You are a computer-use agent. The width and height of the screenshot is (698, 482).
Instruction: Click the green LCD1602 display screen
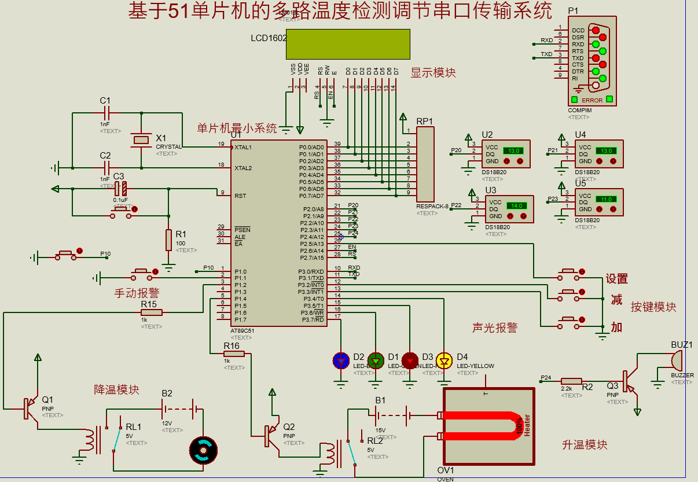click(x=348, y=44)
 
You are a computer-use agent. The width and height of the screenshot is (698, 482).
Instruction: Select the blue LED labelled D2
click(x=341, y=361)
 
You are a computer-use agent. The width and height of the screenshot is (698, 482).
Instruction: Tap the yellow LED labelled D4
click(x=444, y=361)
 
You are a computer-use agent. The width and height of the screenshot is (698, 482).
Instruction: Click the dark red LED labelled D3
click(x=410, y=361)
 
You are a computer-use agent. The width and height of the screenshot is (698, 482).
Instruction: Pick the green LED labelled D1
click(x=376, y=361)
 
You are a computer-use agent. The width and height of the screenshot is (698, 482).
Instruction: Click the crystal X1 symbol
click(x=141, y=139)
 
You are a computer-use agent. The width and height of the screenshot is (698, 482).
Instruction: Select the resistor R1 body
click(x=168, y=240)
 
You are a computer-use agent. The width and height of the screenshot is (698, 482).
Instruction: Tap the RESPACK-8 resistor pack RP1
click(x=425, y=164)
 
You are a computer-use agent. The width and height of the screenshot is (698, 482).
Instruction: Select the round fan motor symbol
click(x=203, y=450)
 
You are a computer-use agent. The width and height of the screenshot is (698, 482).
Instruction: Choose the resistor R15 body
click(x=152, y=312)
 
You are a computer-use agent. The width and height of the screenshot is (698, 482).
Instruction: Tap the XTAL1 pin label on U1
click(x=243, y=148)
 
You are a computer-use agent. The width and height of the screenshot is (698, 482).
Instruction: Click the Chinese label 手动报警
click(x=137, y=293)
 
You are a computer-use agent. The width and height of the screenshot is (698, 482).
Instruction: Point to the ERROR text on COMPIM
click(x=592, y=100)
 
